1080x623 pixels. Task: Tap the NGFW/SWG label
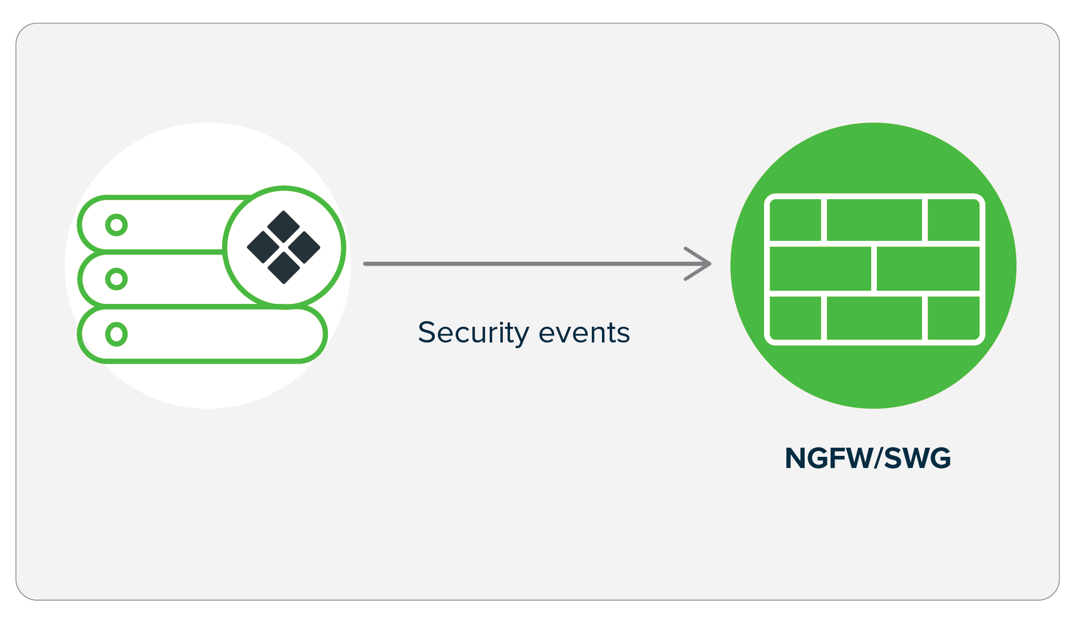click(x=868, y=458)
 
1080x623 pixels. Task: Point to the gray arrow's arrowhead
click(x=704, y=264)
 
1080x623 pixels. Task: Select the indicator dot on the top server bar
click(x=116, y=225)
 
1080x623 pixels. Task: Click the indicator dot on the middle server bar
click(x=116, y=279)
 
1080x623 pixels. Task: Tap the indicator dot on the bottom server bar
click(x=116, y=334)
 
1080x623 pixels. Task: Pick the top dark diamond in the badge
click(x=283, y=227)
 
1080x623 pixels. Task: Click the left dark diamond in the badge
click(x=263, y=247)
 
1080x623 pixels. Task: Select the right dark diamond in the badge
click(x=304, y=247)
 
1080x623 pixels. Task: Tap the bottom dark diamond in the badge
click(x=283, y=268)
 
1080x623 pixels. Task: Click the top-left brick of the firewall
click(x=796, y=220)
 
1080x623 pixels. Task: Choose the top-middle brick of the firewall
click(x=874, y=220)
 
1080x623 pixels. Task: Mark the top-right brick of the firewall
click(x=953, y=220)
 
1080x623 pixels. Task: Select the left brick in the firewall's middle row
click(x=820, y=269)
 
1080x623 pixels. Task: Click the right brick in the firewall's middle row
click(x=928, y=269)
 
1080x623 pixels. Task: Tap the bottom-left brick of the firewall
click(x=796, y=318)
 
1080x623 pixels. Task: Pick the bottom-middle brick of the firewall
click(x=874, y=318)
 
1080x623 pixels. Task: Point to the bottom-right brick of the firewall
click(x=953, y=318)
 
